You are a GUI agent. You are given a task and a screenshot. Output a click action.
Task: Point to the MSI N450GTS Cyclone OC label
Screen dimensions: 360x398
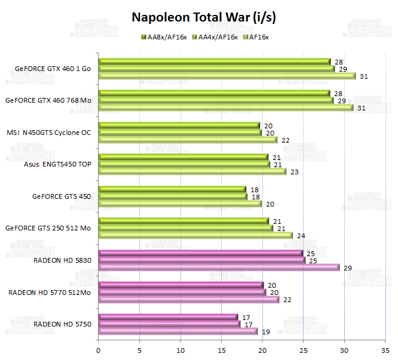coord(48,133)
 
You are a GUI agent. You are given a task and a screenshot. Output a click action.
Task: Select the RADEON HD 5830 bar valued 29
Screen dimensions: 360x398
coord(219,267)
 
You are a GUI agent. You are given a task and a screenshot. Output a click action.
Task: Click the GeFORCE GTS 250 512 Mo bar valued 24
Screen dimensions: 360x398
coord(195,235)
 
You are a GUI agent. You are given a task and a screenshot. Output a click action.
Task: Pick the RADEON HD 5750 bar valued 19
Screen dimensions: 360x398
coord(177,331)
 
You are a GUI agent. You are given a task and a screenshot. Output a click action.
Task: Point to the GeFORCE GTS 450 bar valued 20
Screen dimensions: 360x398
coord(180,204)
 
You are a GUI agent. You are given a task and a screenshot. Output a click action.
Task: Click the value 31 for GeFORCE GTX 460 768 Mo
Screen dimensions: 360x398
coord(361,107)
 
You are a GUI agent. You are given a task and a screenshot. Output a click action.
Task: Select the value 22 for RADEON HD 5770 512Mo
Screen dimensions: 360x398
coord(287,300)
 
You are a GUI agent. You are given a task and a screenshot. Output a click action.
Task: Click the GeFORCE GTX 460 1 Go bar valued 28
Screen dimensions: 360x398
coord(214,61)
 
